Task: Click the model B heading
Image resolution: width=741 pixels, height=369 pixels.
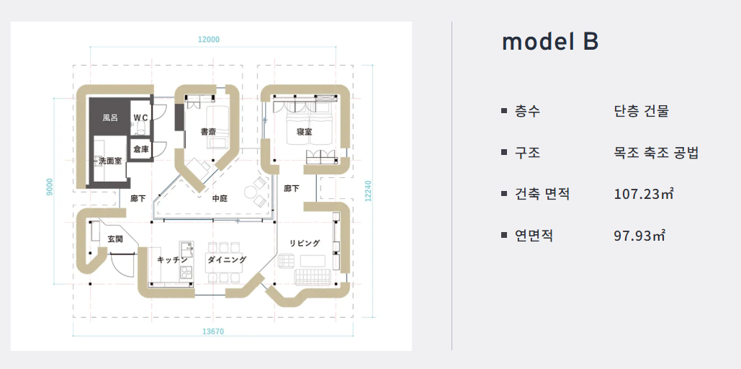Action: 549,42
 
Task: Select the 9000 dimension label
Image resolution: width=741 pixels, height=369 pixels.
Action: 49,187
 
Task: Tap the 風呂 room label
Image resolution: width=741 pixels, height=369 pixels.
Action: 109,117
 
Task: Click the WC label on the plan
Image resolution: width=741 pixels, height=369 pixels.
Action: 140,117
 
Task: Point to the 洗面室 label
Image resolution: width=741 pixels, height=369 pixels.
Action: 109,161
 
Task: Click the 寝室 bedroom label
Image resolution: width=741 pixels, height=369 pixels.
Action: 304,132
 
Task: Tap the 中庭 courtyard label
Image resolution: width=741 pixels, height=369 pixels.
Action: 220,197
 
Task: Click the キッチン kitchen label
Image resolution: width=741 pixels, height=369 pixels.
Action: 172,259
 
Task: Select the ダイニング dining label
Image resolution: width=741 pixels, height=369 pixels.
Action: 227,259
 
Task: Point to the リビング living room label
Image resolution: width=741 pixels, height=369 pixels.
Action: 305,244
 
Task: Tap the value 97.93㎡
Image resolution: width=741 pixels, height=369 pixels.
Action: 639,235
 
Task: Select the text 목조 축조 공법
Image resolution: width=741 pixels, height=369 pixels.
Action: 656,153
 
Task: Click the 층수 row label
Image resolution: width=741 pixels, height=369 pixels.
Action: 527,112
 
